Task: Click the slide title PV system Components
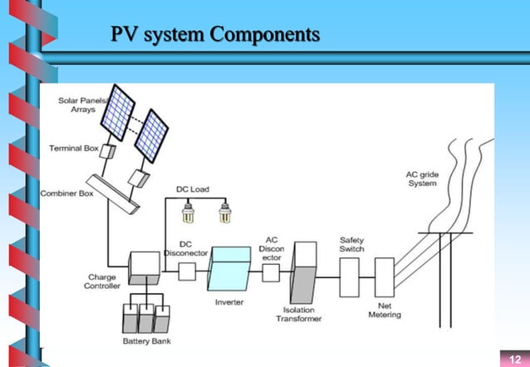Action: pyautogui.click(x=215, y=35)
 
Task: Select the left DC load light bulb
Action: pyautogui.click(x=188, y=215)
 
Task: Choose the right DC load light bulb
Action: pyautogui.click(x=223, y=215)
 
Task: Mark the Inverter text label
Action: pyautogui.click(x=229, y=302)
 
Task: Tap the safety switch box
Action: pyautogui.click(x=349, y=272)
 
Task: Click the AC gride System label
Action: pyautogui.click(x=422, y=178)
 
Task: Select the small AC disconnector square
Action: pyautogui.click(x=271, y=272)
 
